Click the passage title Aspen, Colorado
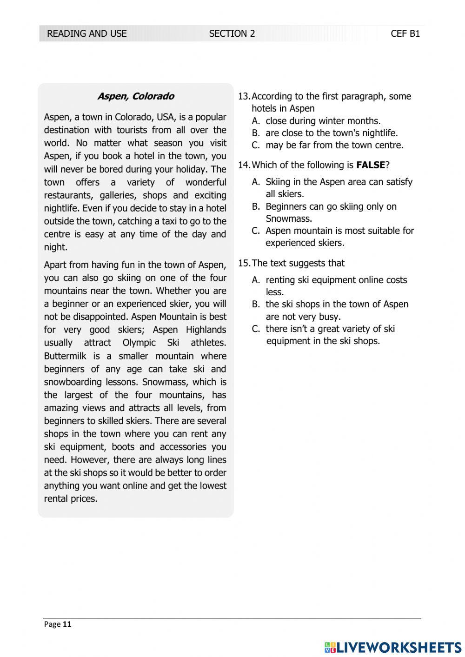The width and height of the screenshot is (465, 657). (135, 96)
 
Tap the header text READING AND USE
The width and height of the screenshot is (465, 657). (87, 33)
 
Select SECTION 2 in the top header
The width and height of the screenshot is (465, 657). (232, 33)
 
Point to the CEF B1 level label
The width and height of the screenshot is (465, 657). (405, 33)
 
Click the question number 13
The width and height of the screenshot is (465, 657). (244, 96)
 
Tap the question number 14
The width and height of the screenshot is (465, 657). (244, 165)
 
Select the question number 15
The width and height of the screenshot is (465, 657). (244, 263)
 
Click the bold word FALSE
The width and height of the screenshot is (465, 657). (371, 165)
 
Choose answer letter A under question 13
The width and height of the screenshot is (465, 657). (256, 121)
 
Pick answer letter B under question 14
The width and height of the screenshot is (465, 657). (256, 206)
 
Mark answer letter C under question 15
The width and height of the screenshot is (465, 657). (256, 329)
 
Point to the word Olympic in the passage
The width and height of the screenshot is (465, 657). (140, 343)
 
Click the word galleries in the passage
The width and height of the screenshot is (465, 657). (118, 195)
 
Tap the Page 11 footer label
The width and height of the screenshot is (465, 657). (58, 624)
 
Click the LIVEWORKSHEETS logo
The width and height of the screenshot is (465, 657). (393, 647)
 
